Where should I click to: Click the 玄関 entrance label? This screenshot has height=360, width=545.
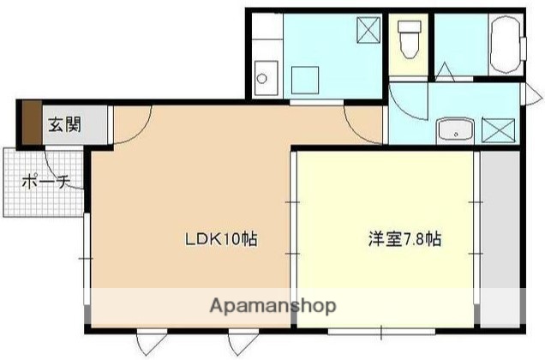click(63, 125)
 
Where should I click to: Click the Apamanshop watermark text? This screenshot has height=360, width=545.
click(272, 306)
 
